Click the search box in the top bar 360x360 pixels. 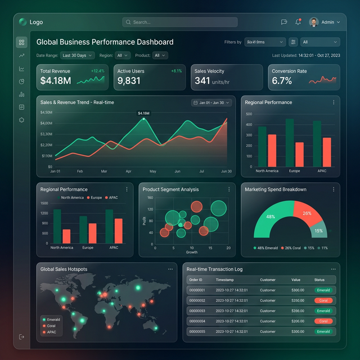click(x=179, y=22)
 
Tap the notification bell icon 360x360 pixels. click(x=298, y=22)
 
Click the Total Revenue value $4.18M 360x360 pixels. click(x=56, y=81)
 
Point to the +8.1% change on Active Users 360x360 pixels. click(x=176, y=71)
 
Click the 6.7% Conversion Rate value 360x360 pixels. click(x=282, y=81)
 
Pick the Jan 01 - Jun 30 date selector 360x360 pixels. click(x=211, y=103)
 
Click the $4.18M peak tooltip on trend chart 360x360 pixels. click(x=143, y=113)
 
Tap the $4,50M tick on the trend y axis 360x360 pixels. click(x=46, y=112)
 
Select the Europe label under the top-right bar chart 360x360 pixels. click(x=294, y=171)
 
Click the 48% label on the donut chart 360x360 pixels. click(x=271, y=217)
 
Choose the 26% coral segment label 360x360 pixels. click(x=307, y=214)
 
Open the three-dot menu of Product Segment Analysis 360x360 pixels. click(x=228, y=190)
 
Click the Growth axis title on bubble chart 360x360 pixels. click(x=191, y=252)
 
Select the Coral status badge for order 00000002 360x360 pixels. click(x=323, y=300)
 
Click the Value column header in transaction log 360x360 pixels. click(x=296, y=280)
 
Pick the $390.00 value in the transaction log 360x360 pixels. click(x=298, y=311)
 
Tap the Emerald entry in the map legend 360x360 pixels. click(x=53, y=319)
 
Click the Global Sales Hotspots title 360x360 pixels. click(x=64, y=269)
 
